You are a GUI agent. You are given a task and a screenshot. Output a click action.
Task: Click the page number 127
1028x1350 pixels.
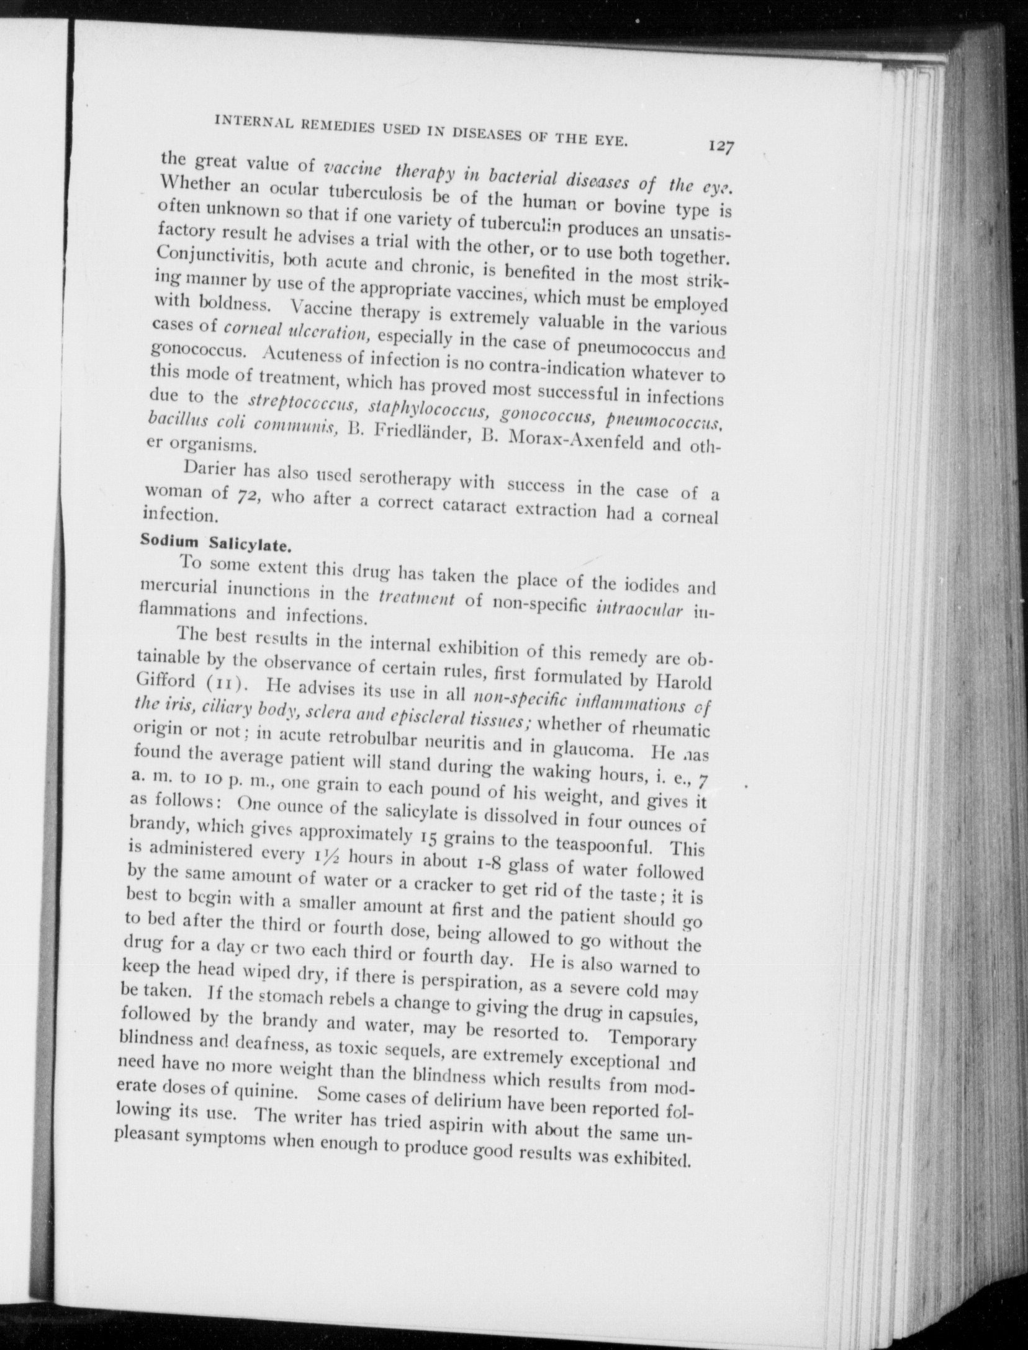pos(721,147)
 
